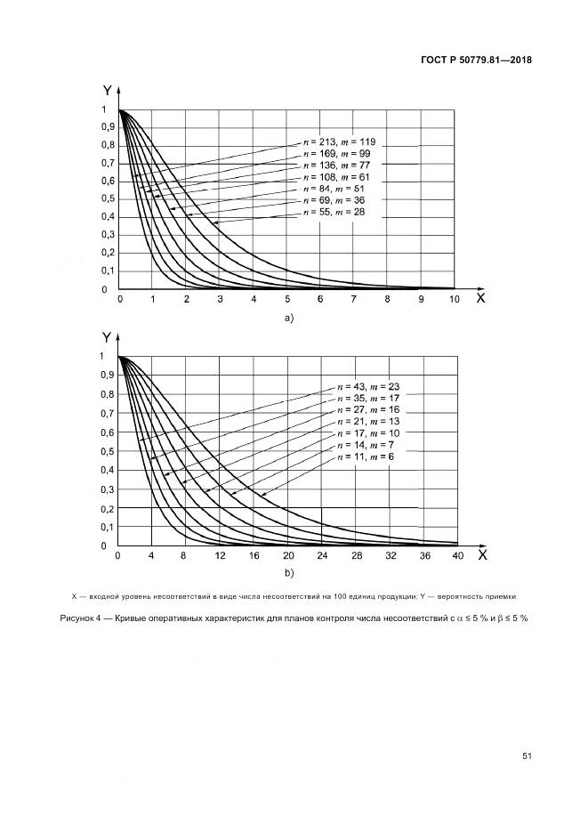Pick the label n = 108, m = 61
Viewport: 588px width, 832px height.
pos(341,177)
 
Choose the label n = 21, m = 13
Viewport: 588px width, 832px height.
pos(362,422)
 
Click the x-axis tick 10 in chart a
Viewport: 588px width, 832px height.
pos(454,301)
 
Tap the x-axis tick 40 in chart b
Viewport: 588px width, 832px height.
pos(458,555)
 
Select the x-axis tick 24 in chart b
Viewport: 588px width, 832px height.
pos(322,555)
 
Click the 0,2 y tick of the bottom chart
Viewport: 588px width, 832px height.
pos(108,508)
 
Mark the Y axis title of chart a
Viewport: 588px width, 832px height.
pos(107,90)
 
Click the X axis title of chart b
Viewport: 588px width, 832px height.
pos(481,554)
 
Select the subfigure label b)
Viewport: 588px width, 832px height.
pos(287,572)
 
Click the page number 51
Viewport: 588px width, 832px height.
pos(526,756)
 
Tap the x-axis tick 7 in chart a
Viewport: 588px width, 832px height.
pos(353,301)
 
